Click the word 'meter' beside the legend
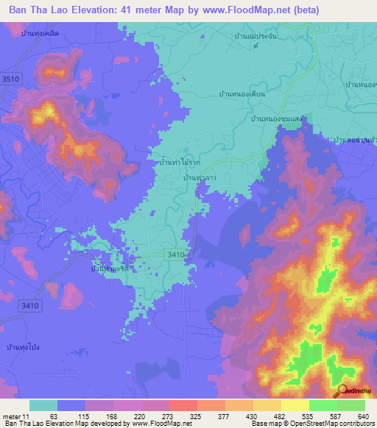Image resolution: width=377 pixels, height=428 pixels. (x=12, y=416)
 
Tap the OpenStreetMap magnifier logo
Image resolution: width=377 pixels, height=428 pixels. (x=341, y=390)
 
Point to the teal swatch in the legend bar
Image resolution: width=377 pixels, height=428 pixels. (x=43, y=405)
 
